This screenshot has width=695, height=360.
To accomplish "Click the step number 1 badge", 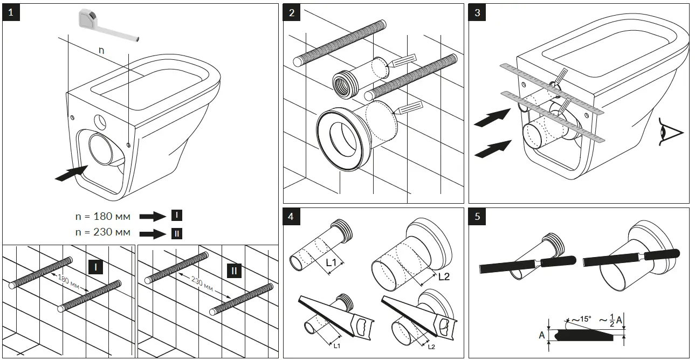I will [12, 12].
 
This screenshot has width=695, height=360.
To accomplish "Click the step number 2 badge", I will [292, 12].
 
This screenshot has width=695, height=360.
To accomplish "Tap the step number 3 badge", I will [477, 12].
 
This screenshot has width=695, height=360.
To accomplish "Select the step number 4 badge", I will [292, 217].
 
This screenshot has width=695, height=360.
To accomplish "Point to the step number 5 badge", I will [477, 217].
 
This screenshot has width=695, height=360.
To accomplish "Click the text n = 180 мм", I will [102, 216].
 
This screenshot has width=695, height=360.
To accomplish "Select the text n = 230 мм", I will [102, 233].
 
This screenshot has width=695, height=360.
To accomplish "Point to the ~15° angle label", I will [580, 320].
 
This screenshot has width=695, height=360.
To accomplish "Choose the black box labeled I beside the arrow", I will [176, 216].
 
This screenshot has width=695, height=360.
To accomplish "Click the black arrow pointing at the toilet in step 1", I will [70, 174].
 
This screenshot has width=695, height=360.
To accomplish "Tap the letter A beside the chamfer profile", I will [542, 334].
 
